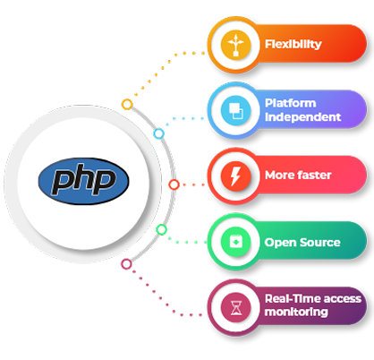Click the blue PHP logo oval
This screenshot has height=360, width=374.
pyautogui.click(x=83, y=181)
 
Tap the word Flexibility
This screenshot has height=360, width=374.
pyautogui.click(x=293, y=44)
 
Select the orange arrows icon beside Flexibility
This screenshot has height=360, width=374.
pyautogui.click(x=235, y=45)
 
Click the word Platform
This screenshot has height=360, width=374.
pyautogui.click(x=290, y=103)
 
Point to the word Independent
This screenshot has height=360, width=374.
pyautogui.click(x=302, y=116)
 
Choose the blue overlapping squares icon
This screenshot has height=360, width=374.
pyautogui.click(x=235, y=110)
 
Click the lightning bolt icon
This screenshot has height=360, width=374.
pyautogui.click(x=235, y=176)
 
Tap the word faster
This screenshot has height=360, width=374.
pyautogui.click(x=315, y=175)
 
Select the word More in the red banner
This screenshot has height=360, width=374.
pyautogui.click(x=279, y=176)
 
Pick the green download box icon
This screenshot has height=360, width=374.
pyautogui.click(x=235, y=242)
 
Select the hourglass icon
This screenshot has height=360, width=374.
pyautogui.click(x=235, y=307)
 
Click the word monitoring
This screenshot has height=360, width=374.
pyautogui.click(x=296, y=312)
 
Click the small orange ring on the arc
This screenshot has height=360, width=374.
pyautogui.click(x=127, y=105)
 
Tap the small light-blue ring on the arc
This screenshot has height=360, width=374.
pyautogui.click(x=159, y=133)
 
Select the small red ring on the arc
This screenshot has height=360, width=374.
pyautogui.click(x=174, y=184)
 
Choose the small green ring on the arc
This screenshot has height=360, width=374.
pyautogui.click(x=161, y=229)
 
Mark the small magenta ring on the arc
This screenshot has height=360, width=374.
pyautogui.click(x=126, y=264)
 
